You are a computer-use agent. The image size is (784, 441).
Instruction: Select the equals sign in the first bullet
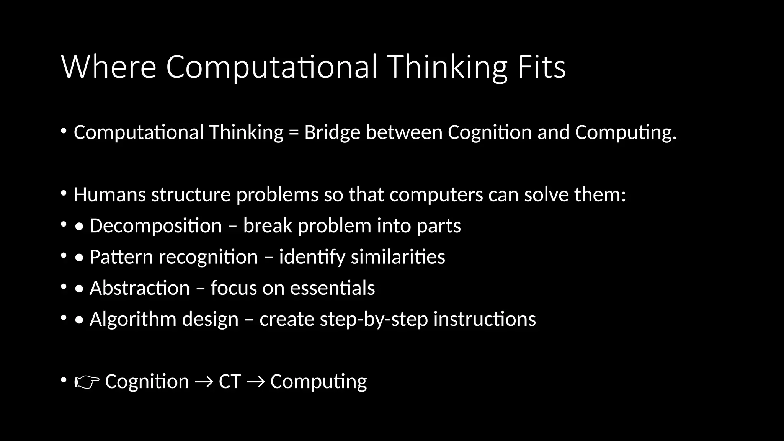(x=294, y=132)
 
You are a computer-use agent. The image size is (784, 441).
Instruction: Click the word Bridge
(x=332, y=132)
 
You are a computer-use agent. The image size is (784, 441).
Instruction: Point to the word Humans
(x=110, y=194)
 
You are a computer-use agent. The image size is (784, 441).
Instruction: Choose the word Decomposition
(x=155, y=226)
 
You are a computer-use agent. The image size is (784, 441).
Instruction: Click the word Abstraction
(x=139, y=288)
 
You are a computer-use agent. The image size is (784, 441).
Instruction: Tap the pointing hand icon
(x=87, y=382)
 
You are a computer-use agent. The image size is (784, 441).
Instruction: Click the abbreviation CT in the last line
(x=229, y=382)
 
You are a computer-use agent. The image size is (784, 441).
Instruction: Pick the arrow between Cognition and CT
(x=204, y=382)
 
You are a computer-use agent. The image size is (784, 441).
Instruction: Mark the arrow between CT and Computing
(x=255, y=382)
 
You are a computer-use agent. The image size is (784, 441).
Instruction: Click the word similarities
(x=398, y=257)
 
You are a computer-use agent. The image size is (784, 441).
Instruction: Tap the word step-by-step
(x=374, y=319)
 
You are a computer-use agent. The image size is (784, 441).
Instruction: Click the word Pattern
(x=121, y=257)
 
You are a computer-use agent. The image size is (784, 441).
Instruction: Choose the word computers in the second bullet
(x=436, y=194)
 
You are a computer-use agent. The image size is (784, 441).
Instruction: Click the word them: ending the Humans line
(x=600, y=194)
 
